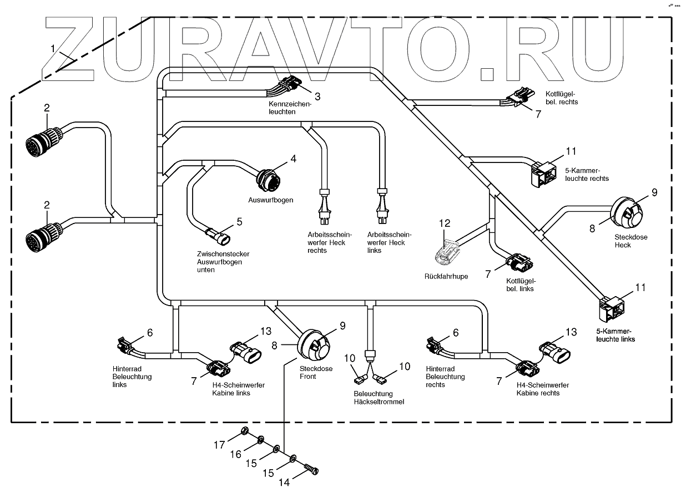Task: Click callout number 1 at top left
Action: click(53, 48)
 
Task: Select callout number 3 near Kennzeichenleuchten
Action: click(317, 96)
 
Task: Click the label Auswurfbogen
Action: click(270, 200)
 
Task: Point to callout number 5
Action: click(239, 221)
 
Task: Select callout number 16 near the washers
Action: click(236, 454)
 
